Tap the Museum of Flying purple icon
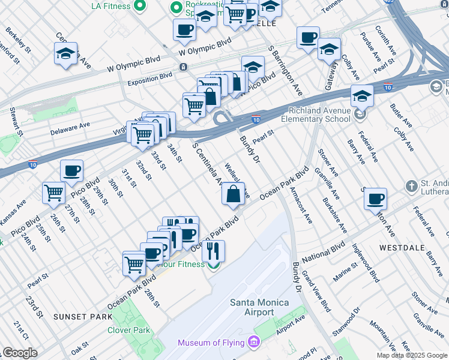point(254,342)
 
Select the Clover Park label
point(128,330)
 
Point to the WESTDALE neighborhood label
point(400,247)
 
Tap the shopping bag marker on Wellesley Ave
point(234,194)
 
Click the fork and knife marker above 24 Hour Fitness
point(212,251)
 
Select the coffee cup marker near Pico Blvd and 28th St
point(71,171)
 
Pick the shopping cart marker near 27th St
point(54,193)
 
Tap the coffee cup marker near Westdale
point(375,199)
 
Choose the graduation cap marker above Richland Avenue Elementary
point(362,96)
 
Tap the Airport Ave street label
point(291,323)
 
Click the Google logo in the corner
point(20,353)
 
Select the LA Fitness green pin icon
point(140,6)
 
